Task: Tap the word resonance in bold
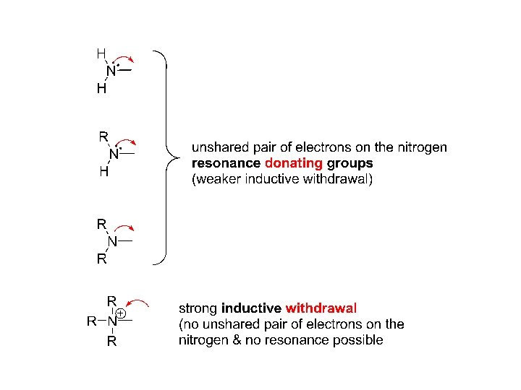pos(226,163)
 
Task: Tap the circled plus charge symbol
pos(121,314)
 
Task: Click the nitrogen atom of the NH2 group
pos(111,71)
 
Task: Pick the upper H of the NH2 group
pos(101,53)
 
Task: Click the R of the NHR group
pos(103,136)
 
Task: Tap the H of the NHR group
pos(103,172)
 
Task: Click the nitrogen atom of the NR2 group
pos(113,241)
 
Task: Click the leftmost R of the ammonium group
pos(92,321)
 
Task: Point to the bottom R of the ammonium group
pos(111,342)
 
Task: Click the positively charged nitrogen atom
pos(111,321)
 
